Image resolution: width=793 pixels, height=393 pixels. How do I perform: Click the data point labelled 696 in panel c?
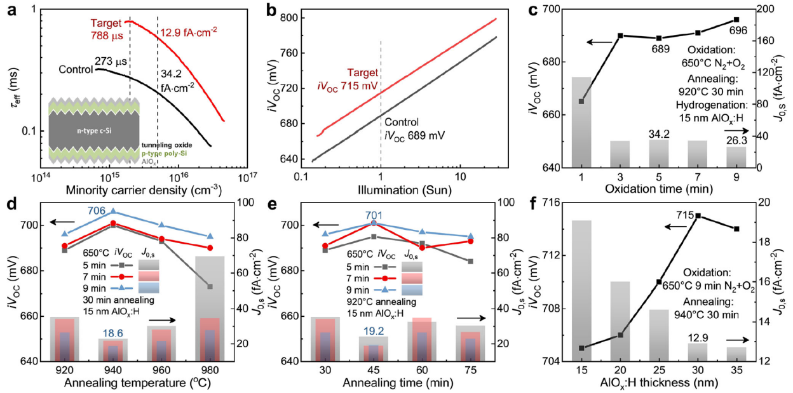[736, 20]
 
